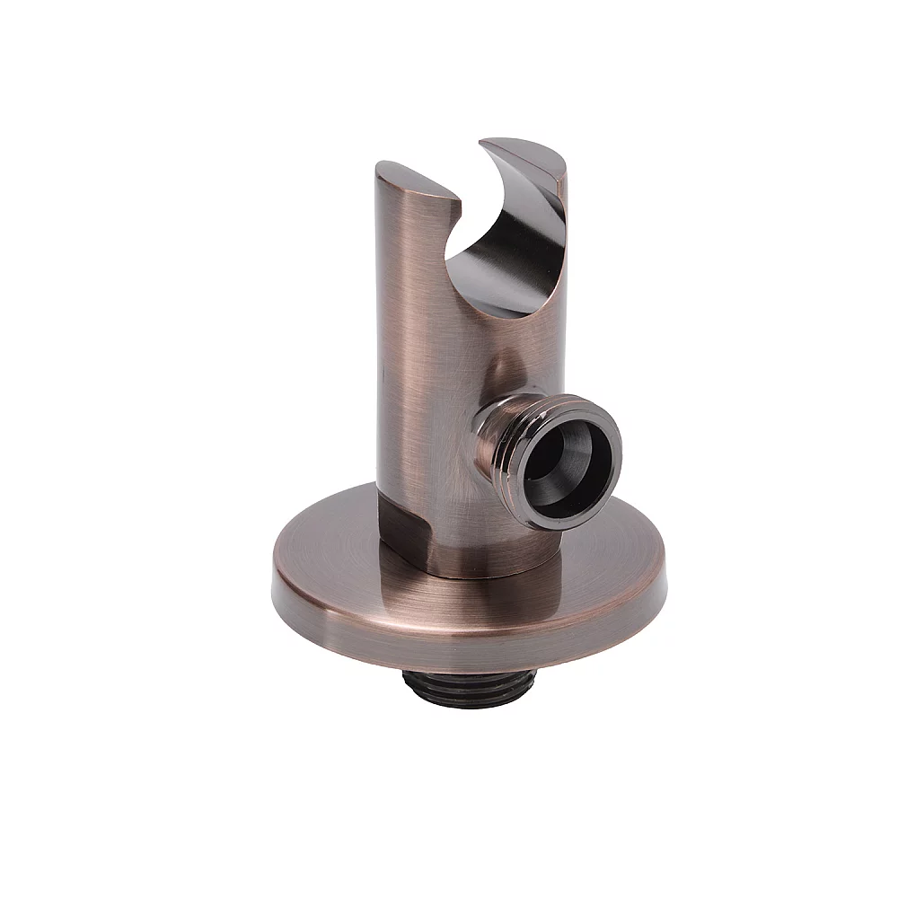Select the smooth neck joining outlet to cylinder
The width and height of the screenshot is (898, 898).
pos(485,422)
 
